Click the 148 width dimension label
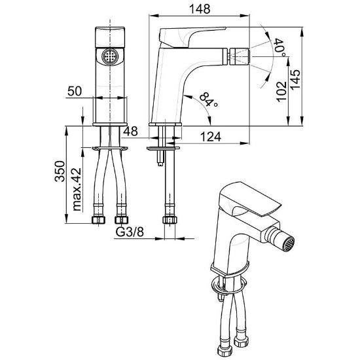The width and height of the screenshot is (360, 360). [x=200, y=9]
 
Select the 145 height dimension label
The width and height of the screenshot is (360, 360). [x=295, y=79]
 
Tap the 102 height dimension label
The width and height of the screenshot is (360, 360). [x=281, y=92]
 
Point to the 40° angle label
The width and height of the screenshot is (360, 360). [x=280, y=48]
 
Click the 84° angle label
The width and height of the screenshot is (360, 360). [x=208, y=100]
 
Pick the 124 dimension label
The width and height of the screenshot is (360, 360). [x=211, y=137]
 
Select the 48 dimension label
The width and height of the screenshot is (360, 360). [x=131, y=131]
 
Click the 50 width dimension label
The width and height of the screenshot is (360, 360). [x=75, y=91]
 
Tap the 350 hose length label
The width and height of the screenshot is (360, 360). [x=60, y=171]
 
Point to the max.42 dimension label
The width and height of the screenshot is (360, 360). [x=77, y=190]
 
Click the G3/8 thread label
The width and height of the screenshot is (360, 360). [x=130, y=232]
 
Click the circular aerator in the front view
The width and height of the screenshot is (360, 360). [x=110, y=56]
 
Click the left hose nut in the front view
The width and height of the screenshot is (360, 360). [x=98, y=220]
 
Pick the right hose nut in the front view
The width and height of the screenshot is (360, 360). [x=121, y=220]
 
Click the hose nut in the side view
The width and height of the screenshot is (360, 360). [x=170, y=220]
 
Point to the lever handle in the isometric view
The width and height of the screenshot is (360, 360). [x=250, y=199]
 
